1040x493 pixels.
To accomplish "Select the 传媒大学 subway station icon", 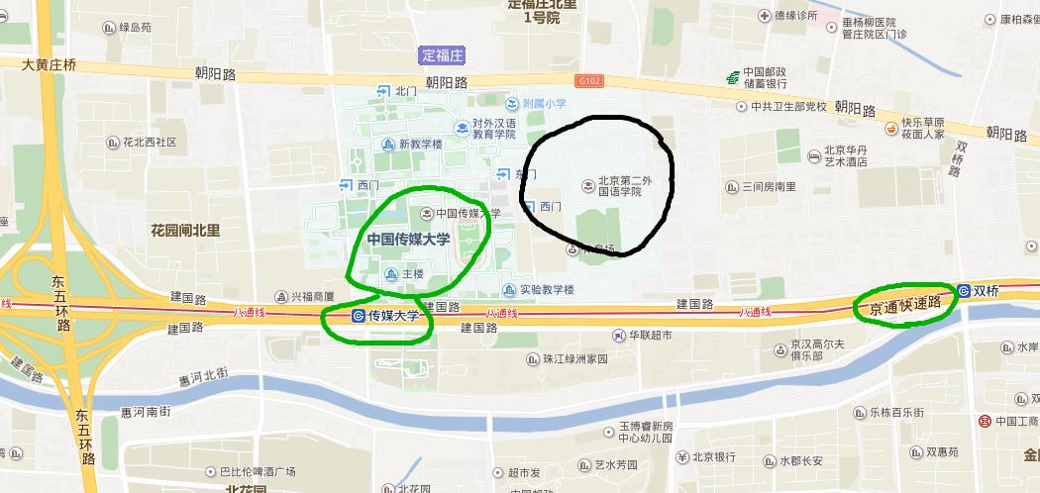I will click(x=358, y=316).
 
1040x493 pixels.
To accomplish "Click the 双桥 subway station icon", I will click(x=963, y=291).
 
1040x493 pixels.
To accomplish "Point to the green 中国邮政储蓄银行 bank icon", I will click(x=731, y=76).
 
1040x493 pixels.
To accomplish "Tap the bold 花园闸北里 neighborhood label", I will click(x=185, y=231).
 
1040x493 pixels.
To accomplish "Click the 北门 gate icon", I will click(x=383, y=91).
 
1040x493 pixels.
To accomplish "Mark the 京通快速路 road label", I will click(x=904, y=307).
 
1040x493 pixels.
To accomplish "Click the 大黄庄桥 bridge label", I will click(x=49, y=65).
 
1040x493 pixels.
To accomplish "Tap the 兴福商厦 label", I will click(x=311, y=295).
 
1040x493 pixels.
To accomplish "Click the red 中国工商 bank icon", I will click(x=986, y=422).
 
